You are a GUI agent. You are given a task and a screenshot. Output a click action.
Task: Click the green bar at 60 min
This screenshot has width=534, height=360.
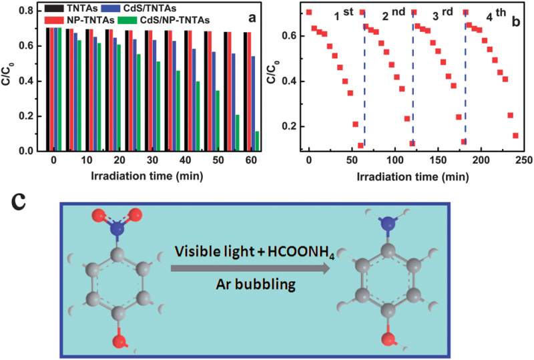coord(257,141)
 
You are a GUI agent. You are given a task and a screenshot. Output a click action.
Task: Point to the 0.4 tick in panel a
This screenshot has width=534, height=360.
coord(32,81)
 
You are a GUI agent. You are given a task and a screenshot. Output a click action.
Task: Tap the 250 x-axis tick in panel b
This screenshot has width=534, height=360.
coord(525,162)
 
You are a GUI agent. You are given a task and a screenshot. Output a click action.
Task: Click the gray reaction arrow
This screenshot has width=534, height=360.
coord(250,269)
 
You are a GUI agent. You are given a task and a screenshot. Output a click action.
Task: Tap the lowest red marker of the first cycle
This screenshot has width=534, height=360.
coord(360,145)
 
